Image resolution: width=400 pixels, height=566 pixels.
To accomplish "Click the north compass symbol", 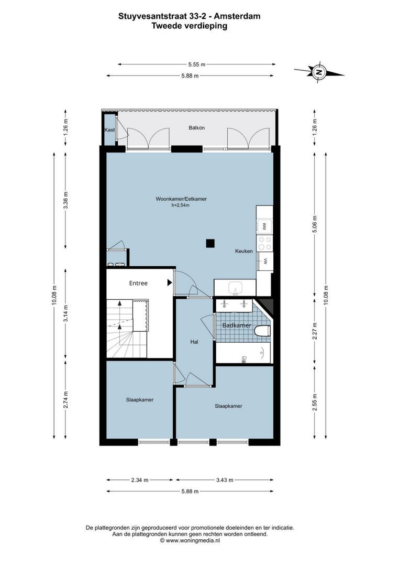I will [318, 72].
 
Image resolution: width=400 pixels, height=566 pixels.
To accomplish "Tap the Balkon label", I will [196, 128].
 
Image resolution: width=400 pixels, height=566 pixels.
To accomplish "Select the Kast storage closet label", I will [109, 129].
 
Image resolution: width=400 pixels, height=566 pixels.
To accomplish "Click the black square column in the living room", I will [210, 243].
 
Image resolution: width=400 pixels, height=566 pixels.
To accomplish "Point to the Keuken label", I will [244, 251].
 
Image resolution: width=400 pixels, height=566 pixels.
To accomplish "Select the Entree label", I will [138, 283].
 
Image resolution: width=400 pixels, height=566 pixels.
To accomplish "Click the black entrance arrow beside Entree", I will [169, 283].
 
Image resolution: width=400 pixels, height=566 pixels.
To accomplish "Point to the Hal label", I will [194, 342].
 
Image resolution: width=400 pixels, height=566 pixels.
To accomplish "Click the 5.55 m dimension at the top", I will [196, 64].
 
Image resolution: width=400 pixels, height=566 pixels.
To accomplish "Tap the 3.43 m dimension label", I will [224, 480].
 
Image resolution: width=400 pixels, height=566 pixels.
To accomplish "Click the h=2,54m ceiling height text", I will [180, 205].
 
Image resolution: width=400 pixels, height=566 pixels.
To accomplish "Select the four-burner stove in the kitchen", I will [264, 243].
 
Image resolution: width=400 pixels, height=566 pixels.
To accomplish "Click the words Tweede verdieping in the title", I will [190, 26].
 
